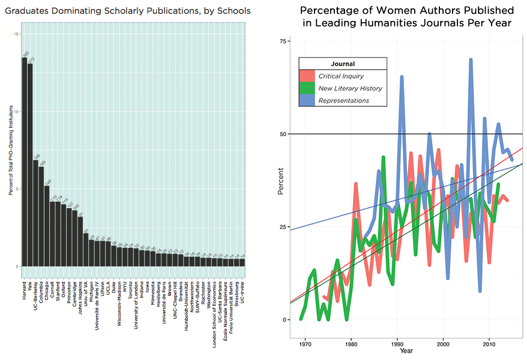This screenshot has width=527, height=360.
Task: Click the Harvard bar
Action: point(25,162)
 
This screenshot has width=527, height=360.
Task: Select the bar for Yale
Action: point(30,165)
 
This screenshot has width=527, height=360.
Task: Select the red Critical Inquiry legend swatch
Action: point(306,76)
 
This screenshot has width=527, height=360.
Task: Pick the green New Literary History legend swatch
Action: point(306,88)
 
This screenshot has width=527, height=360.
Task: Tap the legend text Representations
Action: point(344,100)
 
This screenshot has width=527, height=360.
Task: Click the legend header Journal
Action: point(343,64)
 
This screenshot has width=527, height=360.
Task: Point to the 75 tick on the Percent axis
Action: point(284,41)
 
